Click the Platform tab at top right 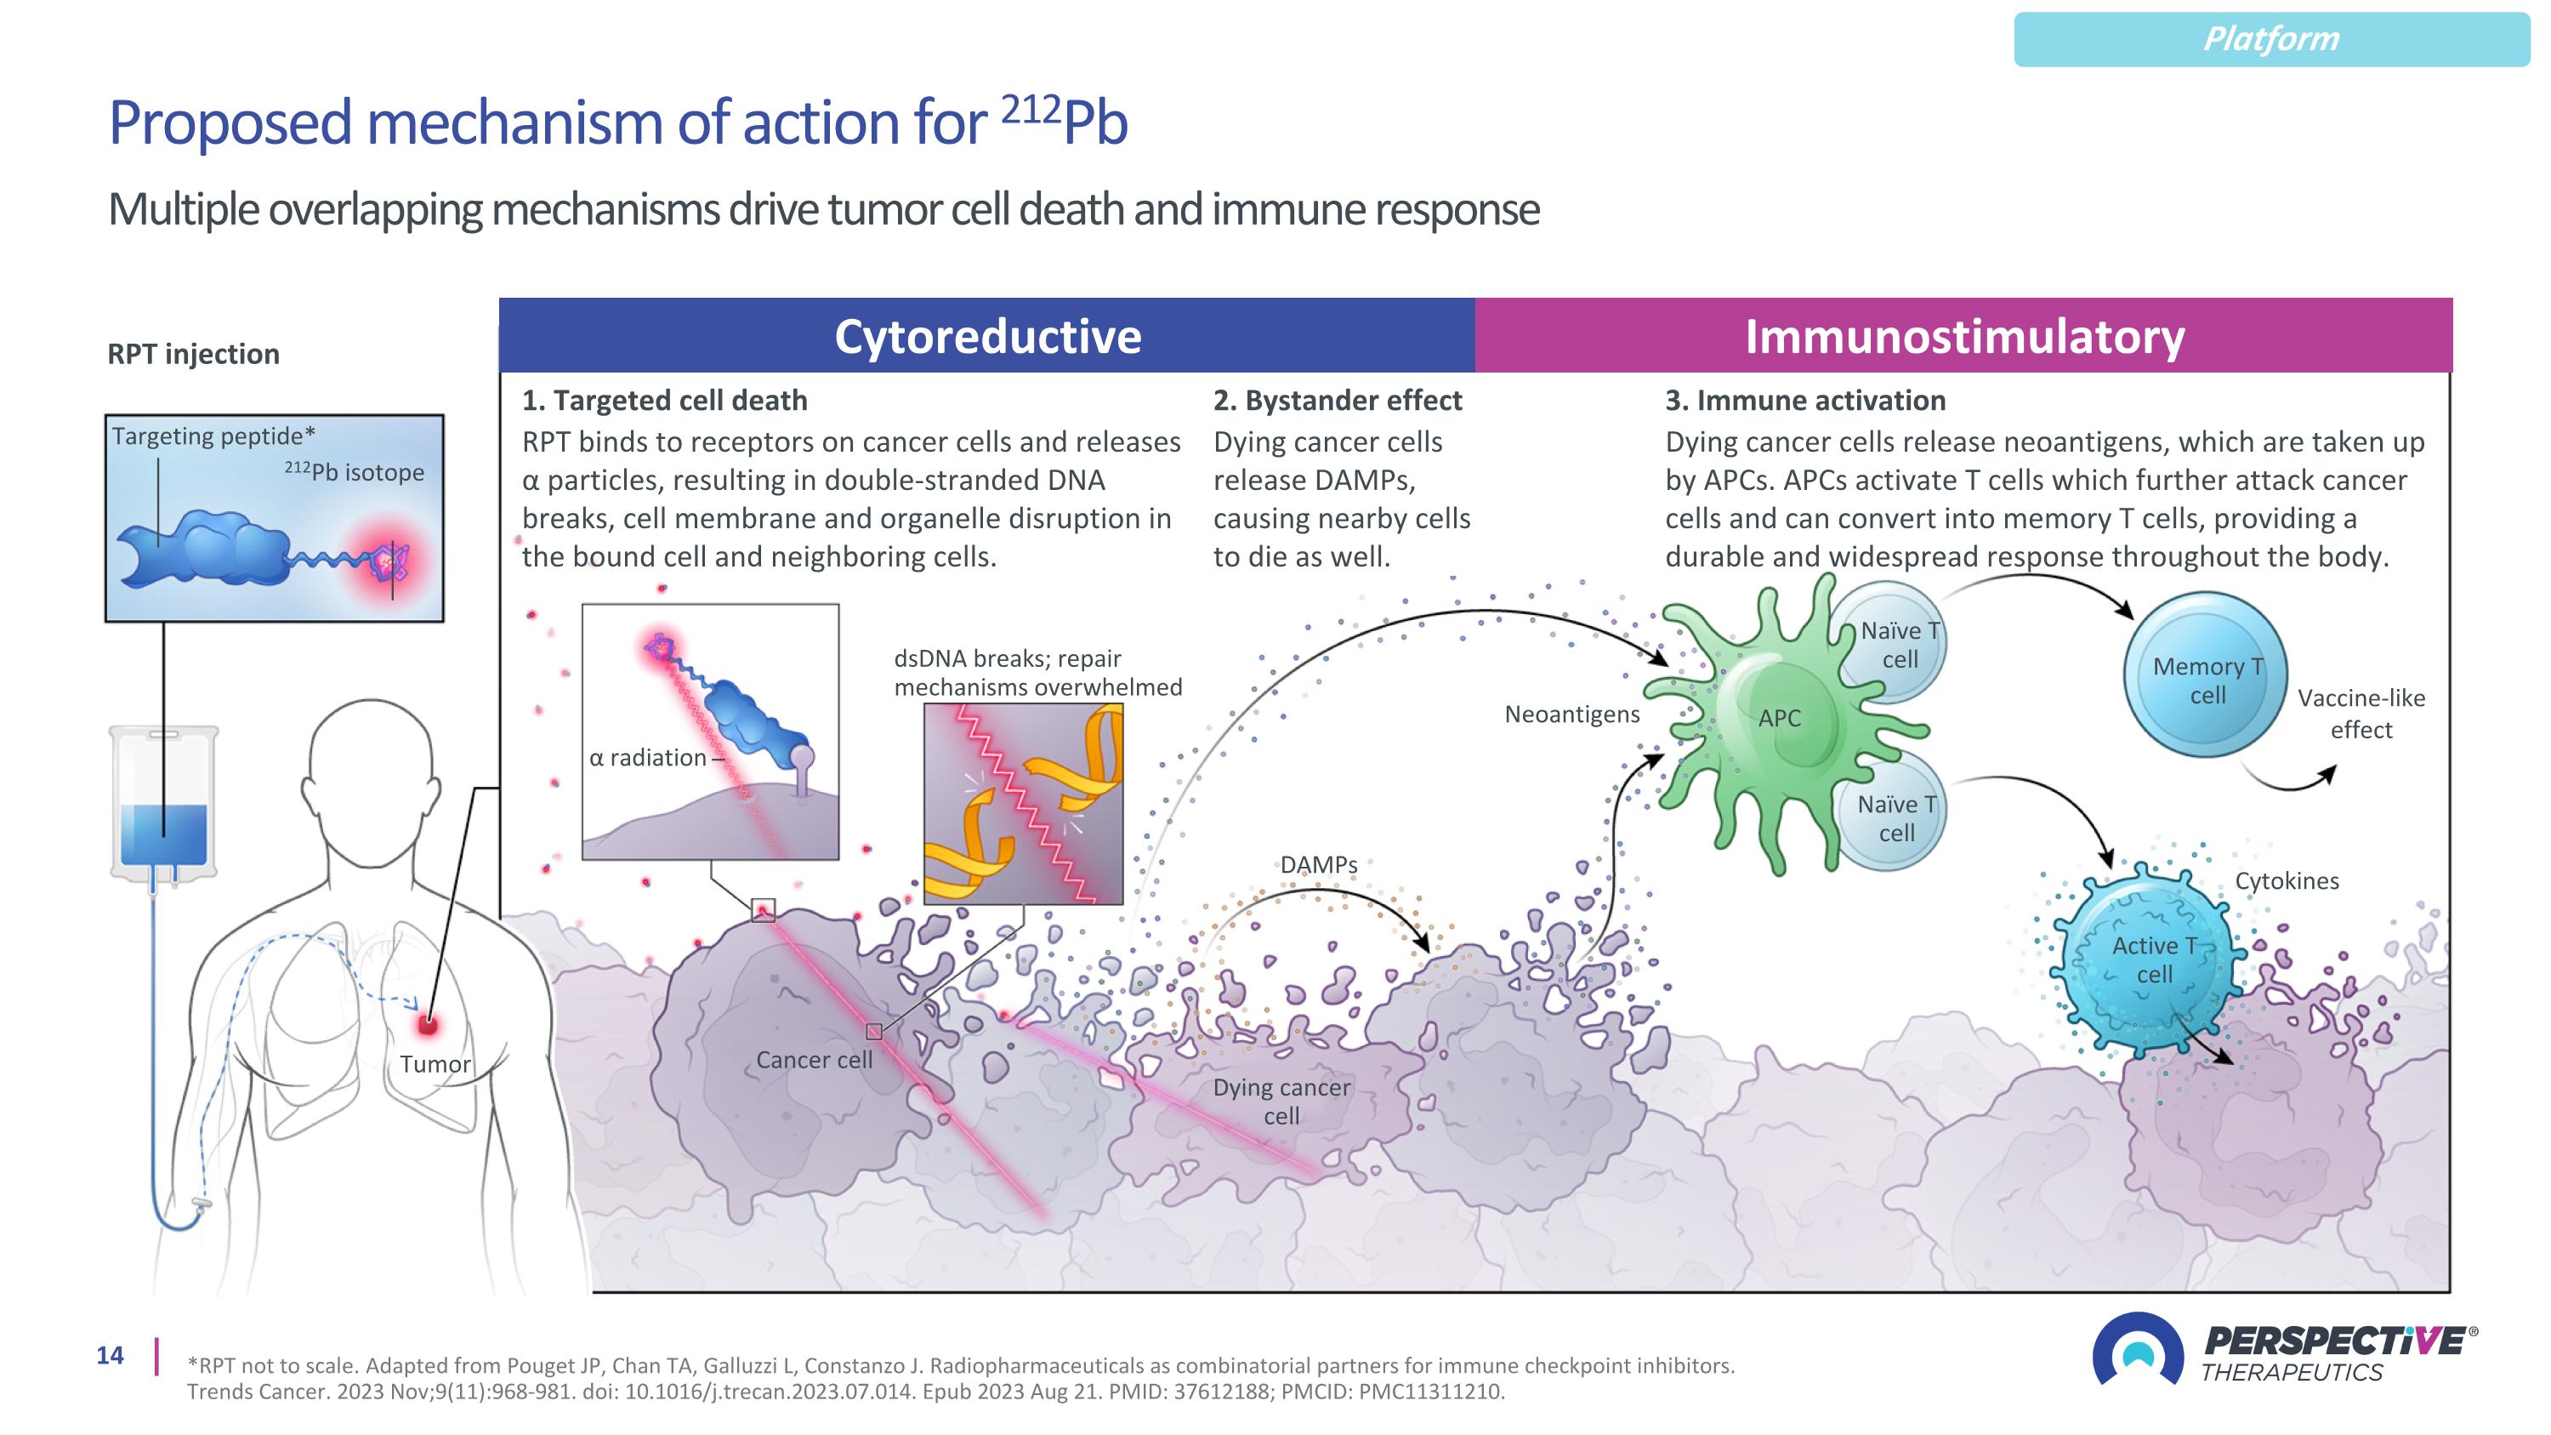click(x=2270, y=40)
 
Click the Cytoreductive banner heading click(x=987, y=337)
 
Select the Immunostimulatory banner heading click(x=1963, y=337)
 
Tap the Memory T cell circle click(x=2207, y=675)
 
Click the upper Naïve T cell click(x=1897, y=644)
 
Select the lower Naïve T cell click(x=1895, y=818)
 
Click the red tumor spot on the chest click(x=428, y=1024)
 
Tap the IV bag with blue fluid click(x=164, y=802)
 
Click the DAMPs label click(x=1318, y=864)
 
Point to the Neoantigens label click(x=1571, y=714)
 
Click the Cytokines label click(x=2287, y=880)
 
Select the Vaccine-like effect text click(x=2361, y=713)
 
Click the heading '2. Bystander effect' click(x=1337, y=400)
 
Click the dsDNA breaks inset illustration click(x=1023, y=803)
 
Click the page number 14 click(x=110, y=1356)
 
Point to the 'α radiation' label click(x=648, y=758)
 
